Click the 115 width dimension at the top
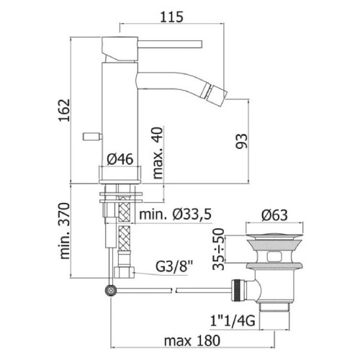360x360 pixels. coord(171,17)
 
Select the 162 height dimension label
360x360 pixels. coord(65,110)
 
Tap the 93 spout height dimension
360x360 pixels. coord(241,141)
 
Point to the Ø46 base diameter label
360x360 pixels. coord(120,159)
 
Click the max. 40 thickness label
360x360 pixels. coord(158,153)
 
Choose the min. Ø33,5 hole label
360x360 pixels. coord(175,214)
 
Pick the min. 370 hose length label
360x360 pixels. coord(65,231)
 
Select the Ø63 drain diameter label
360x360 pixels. coord(274,215)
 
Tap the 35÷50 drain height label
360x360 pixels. coord(218,249)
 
